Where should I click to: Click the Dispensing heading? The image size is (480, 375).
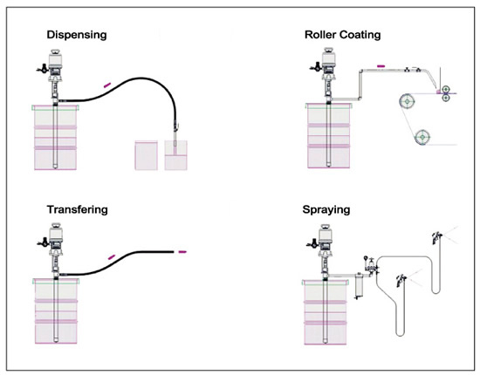click(x=77, y=35)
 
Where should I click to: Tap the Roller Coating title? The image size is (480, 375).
click(x=343, y=35)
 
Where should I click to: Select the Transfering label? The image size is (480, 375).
click(x=77, y=210)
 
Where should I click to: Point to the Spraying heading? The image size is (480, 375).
click(x=326, y=210)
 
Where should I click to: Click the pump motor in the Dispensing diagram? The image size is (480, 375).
click(x=56, y=63)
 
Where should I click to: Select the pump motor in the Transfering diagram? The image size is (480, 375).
click(x=56, y=237)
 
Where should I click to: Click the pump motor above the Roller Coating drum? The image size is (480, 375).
click(x=328, y=61)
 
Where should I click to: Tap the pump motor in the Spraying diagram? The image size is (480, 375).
click(x=326, y=238)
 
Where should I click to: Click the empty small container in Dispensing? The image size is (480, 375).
click(x=147, y=155)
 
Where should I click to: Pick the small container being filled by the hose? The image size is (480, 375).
click(x=175, y=155)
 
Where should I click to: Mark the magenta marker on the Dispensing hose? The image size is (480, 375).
click(x=107, y=85)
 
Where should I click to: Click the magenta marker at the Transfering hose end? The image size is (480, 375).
click(x=182, y=252)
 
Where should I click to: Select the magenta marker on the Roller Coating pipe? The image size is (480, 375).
click(x=381, y=65)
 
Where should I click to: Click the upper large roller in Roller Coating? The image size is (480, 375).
click(x=408, y=101)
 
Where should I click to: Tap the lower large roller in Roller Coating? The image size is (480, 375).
click(x=422, y=137)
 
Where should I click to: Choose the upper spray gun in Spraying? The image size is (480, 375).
click(x=436, y=237)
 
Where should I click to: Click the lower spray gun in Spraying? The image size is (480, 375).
click(x=401, y=281)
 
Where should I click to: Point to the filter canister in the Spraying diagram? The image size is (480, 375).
click(x=359, y=285)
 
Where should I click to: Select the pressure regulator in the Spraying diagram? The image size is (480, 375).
click(x=371, y=265)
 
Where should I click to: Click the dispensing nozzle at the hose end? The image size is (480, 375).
click(x=175, y=134)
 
